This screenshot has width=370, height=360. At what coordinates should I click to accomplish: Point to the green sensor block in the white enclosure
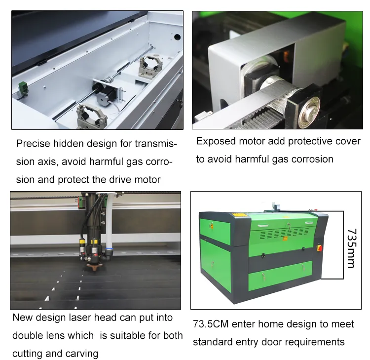pos(22,89)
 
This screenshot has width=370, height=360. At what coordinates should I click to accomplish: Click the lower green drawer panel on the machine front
pos(280,275)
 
